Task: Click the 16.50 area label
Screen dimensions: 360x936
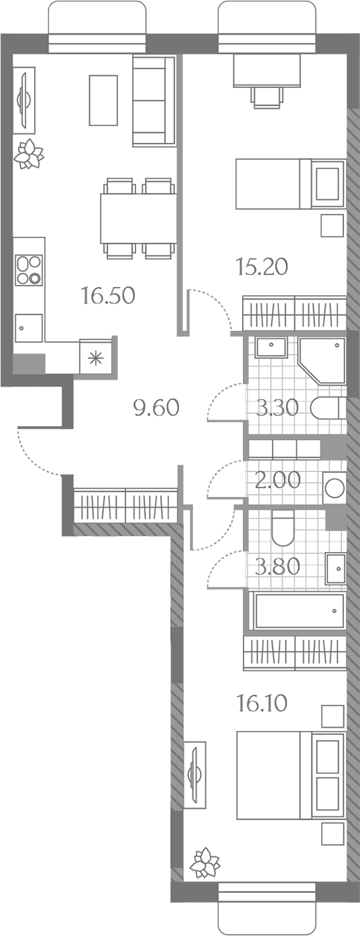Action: tap(108, 295)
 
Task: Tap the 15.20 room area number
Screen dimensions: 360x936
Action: tap(262, 267)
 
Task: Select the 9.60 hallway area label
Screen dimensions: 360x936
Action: tap(156, 407)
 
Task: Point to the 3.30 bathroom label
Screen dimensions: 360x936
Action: tap(278, 407)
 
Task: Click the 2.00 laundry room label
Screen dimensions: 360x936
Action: tap(278, 480)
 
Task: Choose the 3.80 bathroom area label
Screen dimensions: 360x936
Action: tap(278, 567)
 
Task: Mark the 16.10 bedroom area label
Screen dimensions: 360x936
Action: tap(262, 704)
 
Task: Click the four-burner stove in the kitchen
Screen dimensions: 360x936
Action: tap(29, 270)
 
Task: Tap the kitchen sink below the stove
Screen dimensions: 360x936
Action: tap(29, 328)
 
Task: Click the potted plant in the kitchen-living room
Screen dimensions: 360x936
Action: tap(28, 154)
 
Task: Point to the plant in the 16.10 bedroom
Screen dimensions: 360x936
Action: tap(205, 863)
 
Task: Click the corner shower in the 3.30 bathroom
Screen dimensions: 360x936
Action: tap(321, 361)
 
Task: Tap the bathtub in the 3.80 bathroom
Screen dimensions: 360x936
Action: tap(299, 611)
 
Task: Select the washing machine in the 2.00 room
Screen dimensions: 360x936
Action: tap(334, 488)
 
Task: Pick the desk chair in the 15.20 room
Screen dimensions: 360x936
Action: tap(266, 98)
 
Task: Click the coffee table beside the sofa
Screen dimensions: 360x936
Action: tap(104, 100)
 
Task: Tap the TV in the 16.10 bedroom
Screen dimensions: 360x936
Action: tap(194, 775)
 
